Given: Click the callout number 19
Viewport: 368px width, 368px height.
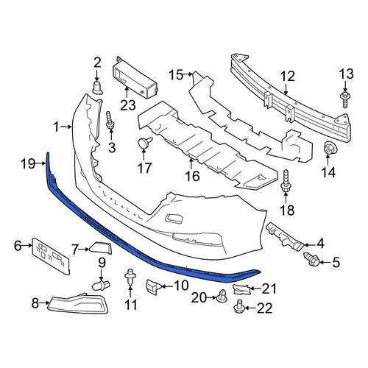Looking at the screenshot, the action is [x=28, y=163].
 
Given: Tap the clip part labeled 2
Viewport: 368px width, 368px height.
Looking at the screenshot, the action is [x=97, y=88].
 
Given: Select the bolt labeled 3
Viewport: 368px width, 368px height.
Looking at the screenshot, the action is [x=110, y=121].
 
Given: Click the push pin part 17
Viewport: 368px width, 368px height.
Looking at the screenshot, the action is [x=144, y=143].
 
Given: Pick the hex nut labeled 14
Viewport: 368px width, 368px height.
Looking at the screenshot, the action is [x=328, y=149].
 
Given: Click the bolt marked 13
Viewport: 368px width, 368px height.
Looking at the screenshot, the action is [x=345, y=99].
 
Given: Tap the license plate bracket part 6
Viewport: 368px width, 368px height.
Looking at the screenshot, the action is [x=51, y=255].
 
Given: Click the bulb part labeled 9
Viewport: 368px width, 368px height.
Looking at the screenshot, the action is [x=101, y=285].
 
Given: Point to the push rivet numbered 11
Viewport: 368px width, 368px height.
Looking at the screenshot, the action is [x=130, y=277].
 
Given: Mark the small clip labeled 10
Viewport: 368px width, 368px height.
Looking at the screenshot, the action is [x=153, y=286].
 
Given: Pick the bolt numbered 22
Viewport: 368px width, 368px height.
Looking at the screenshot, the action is [x=238, y=306].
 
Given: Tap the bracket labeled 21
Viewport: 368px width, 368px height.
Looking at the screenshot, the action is [x=241, y=289].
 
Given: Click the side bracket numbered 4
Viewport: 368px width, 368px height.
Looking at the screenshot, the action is [x=285, y=236].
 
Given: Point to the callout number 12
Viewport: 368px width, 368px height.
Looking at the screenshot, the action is [x=288, y=77].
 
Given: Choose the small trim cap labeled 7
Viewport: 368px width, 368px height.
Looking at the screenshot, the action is [x=101, y=247].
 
